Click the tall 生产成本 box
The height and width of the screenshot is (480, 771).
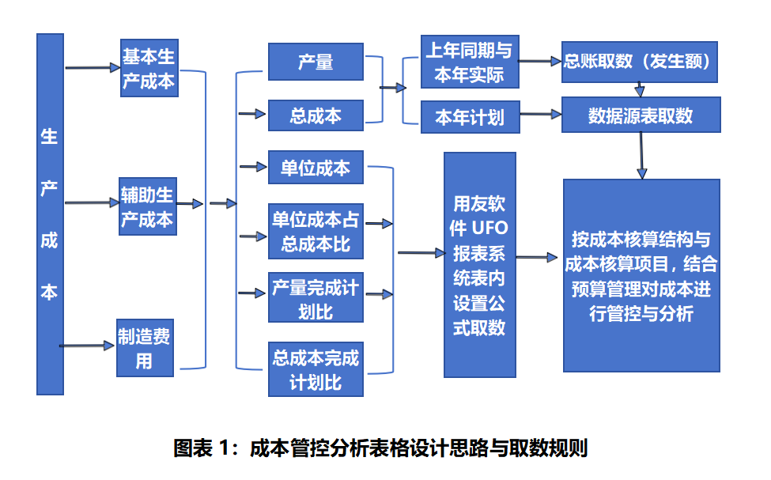49,214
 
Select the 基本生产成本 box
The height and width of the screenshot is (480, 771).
149,69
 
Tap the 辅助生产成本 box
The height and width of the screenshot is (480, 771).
147,206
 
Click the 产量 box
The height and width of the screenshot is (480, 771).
316,62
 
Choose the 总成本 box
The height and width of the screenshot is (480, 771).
316,115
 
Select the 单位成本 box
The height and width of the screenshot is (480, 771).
316,168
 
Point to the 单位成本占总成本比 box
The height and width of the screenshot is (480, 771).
316,231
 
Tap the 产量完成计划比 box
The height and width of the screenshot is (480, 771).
316,298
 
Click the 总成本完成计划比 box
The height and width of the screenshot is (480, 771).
316,370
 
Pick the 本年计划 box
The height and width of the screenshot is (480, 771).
470,118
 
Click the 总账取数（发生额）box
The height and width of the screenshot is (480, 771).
639,61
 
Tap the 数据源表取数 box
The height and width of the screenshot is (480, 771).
641,115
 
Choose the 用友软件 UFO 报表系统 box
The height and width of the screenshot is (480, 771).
479,265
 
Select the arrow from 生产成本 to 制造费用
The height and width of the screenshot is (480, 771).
88,345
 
